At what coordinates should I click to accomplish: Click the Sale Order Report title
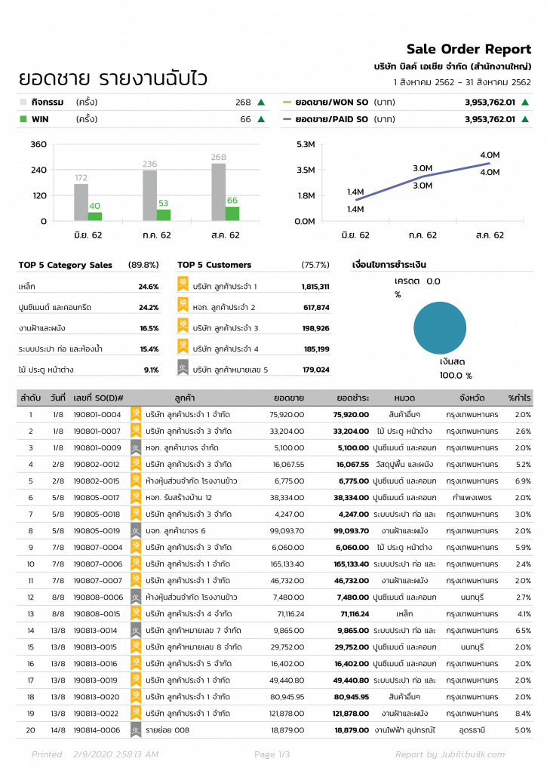[x=469, y=49]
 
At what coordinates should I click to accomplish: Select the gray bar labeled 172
[x=81, y=202]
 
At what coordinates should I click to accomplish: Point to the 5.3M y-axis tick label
[x=306, y=144]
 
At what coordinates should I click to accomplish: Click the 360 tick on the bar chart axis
[x=38, y=144]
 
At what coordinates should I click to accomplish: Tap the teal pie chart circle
[x=445, y=327]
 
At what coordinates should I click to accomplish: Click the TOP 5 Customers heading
[x=214, y=265]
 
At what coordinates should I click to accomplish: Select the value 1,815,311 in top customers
[x=315, y=287]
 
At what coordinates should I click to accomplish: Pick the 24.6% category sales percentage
[x=149, y=287]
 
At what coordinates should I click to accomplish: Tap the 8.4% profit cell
[x=523, y=713]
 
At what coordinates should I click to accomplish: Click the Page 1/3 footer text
[x=272, y=754]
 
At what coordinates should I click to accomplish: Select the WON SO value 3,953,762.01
[x=490, y=102]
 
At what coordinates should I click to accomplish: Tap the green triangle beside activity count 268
[x=261, y=102]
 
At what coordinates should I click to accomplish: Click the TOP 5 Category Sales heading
[x=65, y=265]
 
